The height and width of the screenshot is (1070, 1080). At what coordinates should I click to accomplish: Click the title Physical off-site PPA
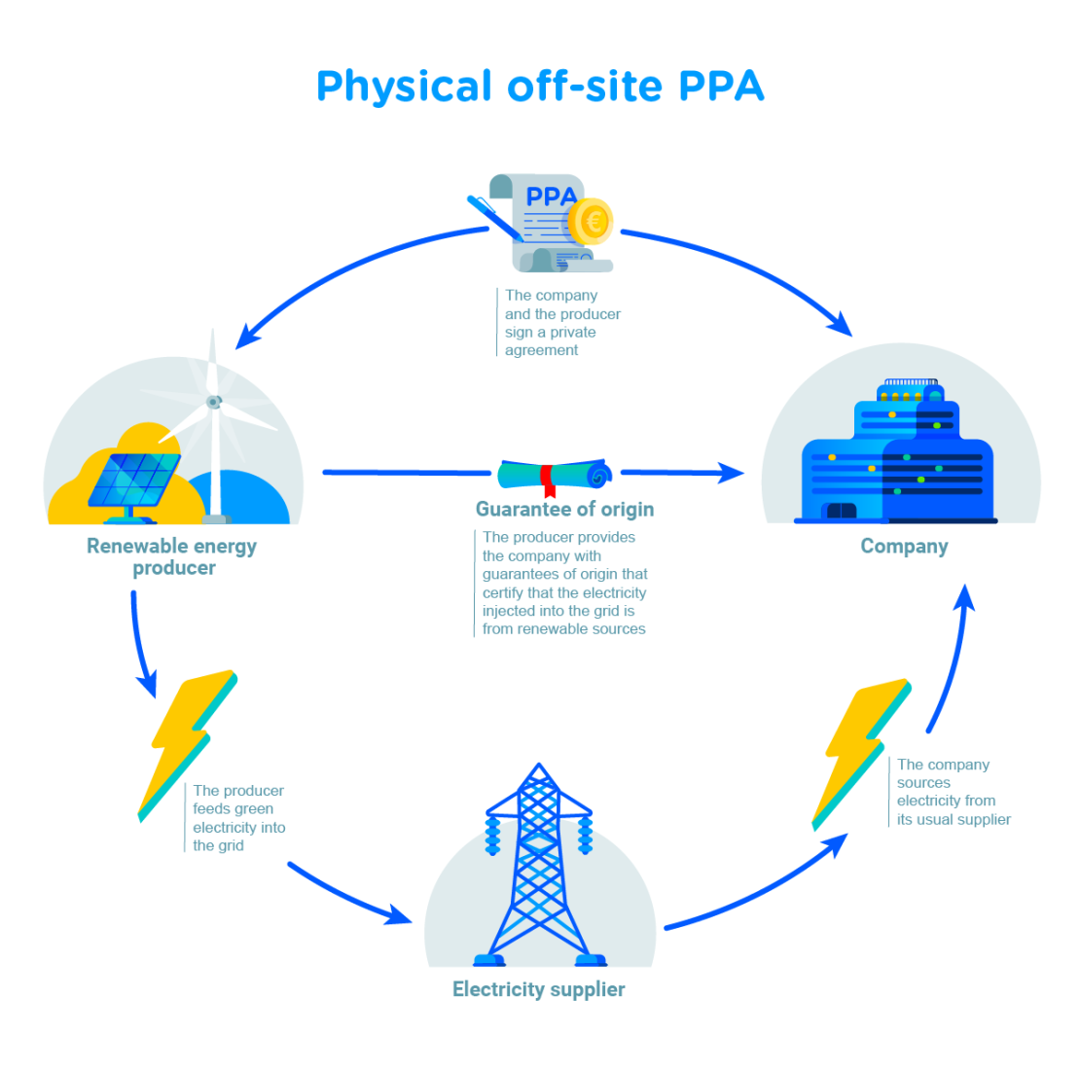tap(540, 87)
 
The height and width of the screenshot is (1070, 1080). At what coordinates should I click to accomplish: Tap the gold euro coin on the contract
tap(591, 222)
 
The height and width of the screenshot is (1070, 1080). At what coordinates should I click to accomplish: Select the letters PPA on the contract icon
tap(551, 196)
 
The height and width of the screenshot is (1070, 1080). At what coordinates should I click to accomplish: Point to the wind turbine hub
tap(213, 401)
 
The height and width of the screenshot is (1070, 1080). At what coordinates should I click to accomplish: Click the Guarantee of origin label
tap(564, 509)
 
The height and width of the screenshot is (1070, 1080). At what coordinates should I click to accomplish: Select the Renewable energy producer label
tap(172, 556)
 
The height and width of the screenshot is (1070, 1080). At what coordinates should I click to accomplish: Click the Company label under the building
tap(904, 546)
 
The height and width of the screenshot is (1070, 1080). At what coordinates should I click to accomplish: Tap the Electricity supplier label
tap(538, 989)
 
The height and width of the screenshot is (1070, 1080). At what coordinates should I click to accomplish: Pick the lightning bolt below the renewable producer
tap(187, 744)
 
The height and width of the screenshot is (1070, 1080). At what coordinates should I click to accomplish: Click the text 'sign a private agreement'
tap(550, 340)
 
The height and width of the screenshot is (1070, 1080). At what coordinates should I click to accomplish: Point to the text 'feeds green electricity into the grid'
tap(238, 827)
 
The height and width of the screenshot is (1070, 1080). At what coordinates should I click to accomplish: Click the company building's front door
tap(841, 512)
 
